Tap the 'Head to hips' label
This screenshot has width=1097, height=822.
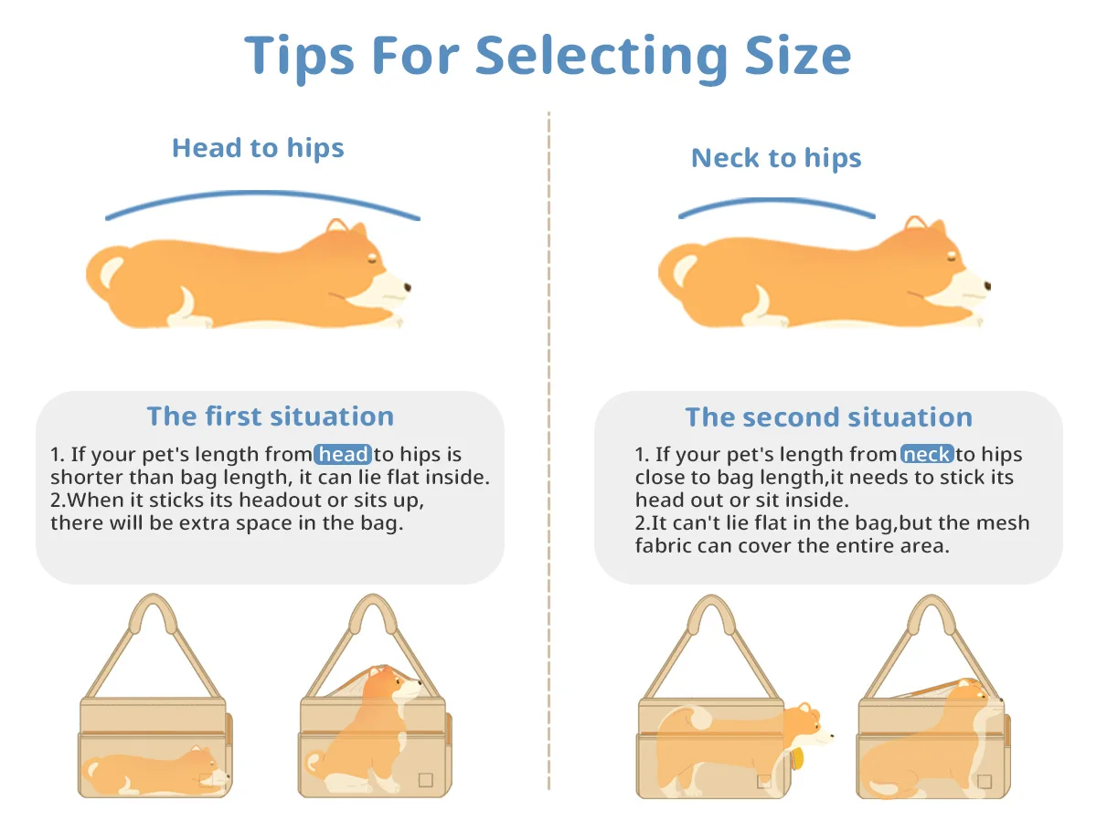click(x=258, y=148)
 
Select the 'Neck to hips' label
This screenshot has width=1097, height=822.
click(x=776, y=158)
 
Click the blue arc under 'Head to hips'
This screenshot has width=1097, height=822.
click(x=262, y=194)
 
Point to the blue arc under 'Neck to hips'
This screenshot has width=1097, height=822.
click(x=776, y=201)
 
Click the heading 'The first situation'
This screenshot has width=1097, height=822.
click(x=270, y=416)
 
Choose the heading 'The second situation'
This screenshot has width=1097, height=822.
click(x=828, y=417)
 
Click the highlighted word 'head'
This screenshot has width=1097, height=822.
click(x=343, y=455)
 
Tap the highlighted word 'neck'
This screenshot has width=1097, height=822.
click(x=927, y=455)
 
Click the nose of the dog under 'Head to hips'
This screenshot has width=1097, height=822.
click(x=407, y=288)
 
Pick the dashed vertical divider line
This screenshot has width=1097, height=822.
click(x=548, y=457)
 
